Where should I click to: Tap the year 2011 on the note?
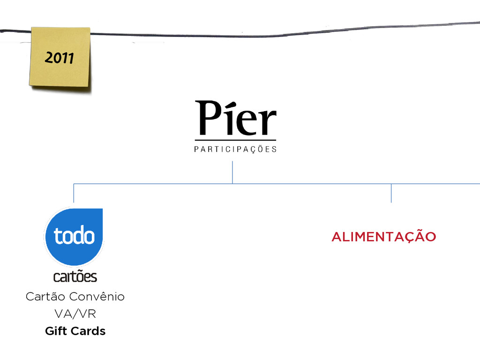pos(60,58)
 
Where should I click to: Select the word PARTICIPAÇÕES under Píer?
pos(235,150)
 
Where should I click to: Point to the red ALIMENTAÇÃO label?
pos(383,237)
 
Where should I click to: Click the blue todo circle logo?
pos(74,237)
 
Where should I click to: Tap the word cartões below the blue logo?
pos(75,277)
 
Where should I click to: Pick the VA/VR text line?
pos(75,314)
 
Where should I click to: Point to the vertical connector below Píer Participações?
pos(232,172)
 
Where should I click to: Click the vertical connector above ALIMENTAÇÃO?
pos(391,193)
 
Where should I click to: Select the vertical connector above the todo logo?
pos(74,194)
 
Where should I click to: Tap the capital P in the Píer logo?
pos(207,118)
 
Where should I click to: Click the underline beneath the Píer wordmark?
pos(235,140)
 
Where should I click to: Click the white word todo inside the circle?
pos(74,236)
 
